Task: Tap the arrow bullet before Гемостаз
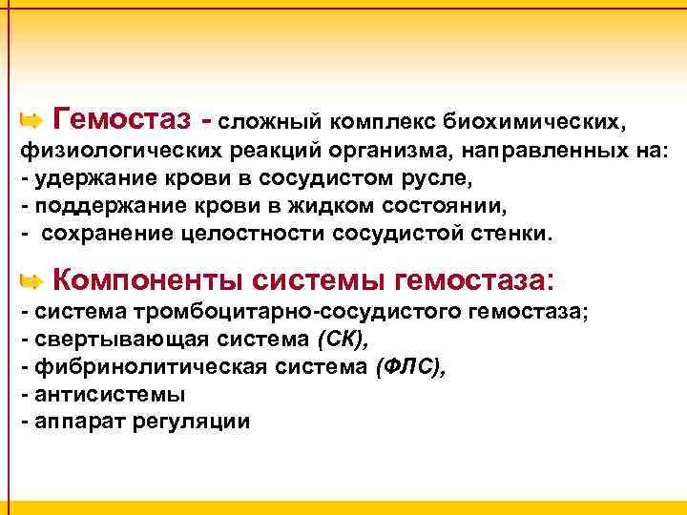(31, 121)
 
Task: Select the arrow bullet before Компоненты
(31, 281)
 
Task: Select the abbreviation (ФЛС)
(410, 366)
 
